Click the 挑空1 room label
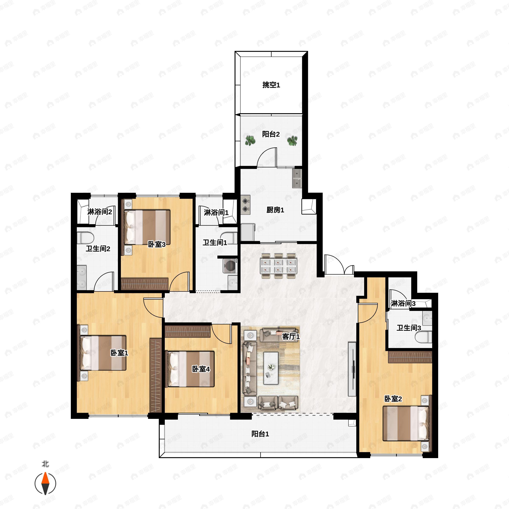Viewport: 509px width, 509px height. pyautogui.click(x=271, y=85)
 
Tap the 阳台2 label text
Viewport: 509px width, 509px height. pyautogui.click(x=271, y=134)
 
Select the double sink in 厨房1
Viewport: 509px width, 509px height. pyautogui.click(x=297, y=178)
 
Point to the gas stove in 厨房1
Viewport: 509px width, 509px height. pyautogui.click(x=246, y=205)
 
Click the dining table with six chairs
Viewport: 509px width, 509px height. pyautogui.click(x=278, y=266)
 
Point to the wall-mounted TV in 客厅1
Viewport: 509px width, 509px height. pyautogui.click(x=352, y=369)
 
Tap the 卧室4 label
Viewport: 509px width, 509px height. pyautogui.click(x=201, y=369)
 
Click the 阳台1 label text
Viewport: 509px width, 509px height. pyautogui.click(x=260, y=434)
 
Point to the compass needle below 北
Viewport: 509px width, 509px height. pyautogui.click(x=45, y=484)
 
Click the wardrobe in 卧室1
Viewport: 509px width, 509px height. pyautogui.click(x=155, y=375)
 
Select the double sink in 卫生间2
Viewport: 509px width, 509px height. pyautogui.click(x=82, y=277)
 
